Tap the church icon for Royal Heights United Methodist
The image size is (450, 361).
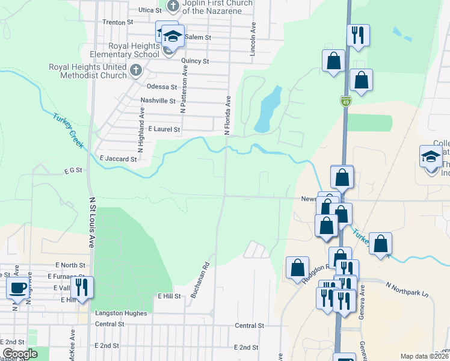pyautogui.click(x=136, y=72)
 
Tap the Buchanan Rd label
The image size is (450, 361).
pyautogui.click(x=200, y=280)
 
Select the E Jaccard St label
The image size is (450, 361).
pyautogui.click(x=118, y=159)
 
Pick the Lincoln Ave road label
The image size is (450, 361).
pyautogui.click(x=253, y=37)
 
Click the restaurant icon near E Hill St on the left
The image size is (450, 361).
pyautogui.click(x=81, y=287)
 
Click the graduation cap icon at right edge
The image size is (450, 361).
pyautogui.click(x=430, y=156)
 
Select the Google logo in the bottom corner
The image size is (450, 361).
pyautogui.click(x=20, y=354)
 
